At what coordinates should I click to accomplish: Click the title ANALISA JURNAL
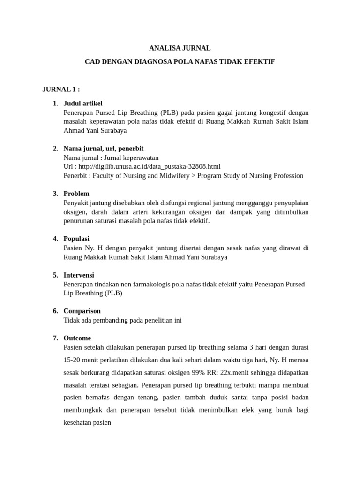click(180, 48)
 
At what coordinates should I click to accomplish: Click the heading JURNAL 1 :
click(61, 89)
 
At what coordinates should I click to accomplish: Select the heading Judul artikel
click(83, 103)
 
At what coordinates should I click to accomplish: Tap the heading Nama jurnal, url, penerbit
click(104, 149)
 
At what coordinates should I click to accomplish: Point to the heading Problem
click(76, 194)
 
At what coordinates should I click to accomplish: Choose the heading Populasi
click(76, 239)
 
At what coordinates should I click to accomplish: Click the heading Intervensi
click(79, 275)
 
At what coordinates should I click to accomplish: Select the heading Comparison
click(82, 311)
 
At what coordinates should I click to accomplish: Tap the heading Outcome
click(77, 338)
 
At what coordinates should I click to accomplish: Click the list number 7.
click(55, 338)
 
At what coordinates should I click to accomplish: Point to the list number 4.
click(55, 239)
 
